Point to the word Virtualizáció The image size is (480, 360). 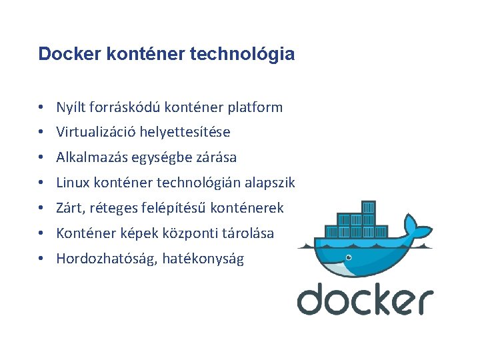tap(95, 132)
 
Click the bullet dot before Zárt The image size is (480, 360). tap(41, 208)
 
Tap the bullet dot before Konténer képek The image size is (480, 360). tap(41, 233)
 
